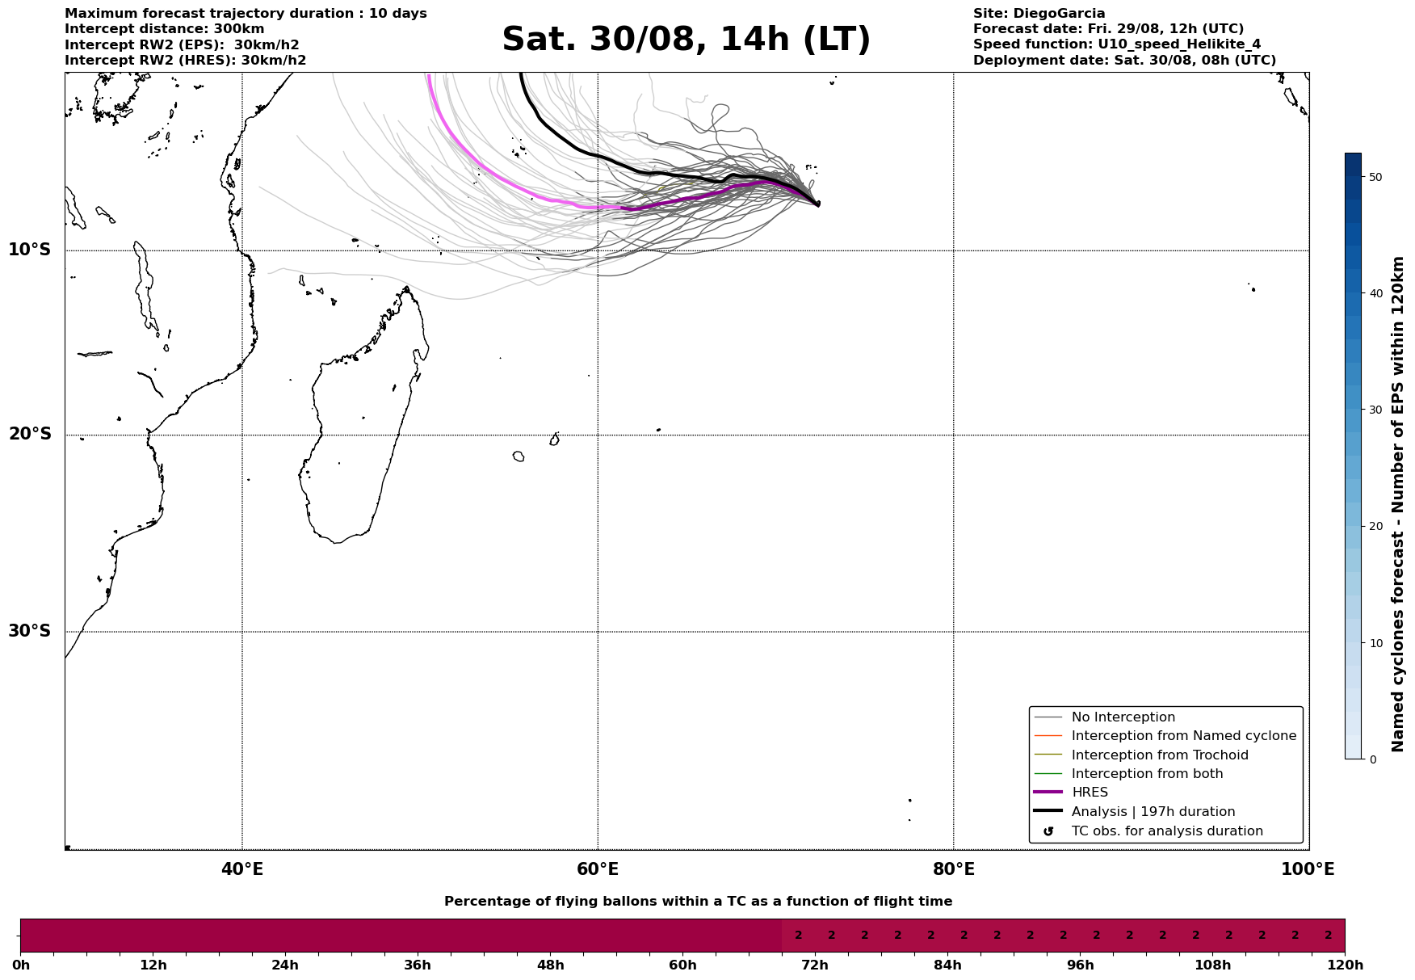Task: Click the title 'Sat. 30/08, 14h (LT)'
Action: click(686, 40)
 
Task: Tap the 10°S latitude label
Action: click(30, 250)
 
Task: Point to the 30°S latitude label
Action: click(30, 631)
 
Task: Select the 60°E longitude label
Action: click(598, 869)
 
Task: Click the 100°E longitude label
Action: click(1307, 869)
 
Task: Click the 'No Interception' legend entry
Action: click(1123, 717)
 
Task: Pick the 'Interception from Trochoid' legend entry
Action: click(1159, 755)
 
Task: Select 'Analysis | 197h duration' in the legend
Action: click(1153, 812)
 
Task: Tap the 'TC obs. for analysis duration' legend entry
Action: click(1166, 831)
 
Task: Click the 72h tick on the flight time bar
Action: click(815, 965)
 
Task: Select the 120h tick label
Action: click(1344, 965)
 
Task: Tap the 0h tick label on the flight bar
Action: click(21, 965)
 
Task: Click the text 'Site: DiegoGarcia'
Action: click(1039, 14)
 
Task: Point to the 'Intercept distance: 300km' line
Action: click(164, 29)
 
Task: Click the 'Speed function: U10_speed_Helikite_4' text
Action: click(1116, 44)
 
